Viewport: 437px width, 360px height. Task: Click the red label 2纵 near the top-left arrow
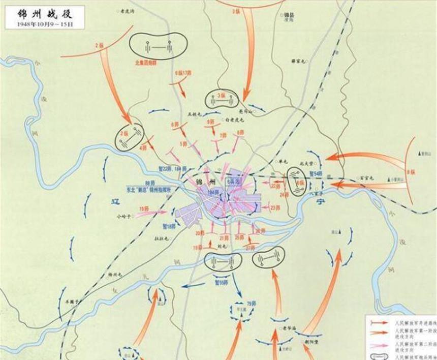pyautogui.click(x=100, y=46)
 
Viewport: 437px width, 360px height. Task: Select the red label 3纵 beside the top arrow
pyautogui.click(x=236, y=11)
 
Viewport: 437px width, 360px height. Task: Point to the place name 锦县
pyautogui.click(x=291, y=15)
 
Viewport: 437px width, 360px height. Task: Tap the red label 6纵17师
pyautogui.click(x=183, y=73)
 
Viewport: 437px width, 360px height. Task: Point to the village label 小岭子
pyautogui.click(x=124, y=216)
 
